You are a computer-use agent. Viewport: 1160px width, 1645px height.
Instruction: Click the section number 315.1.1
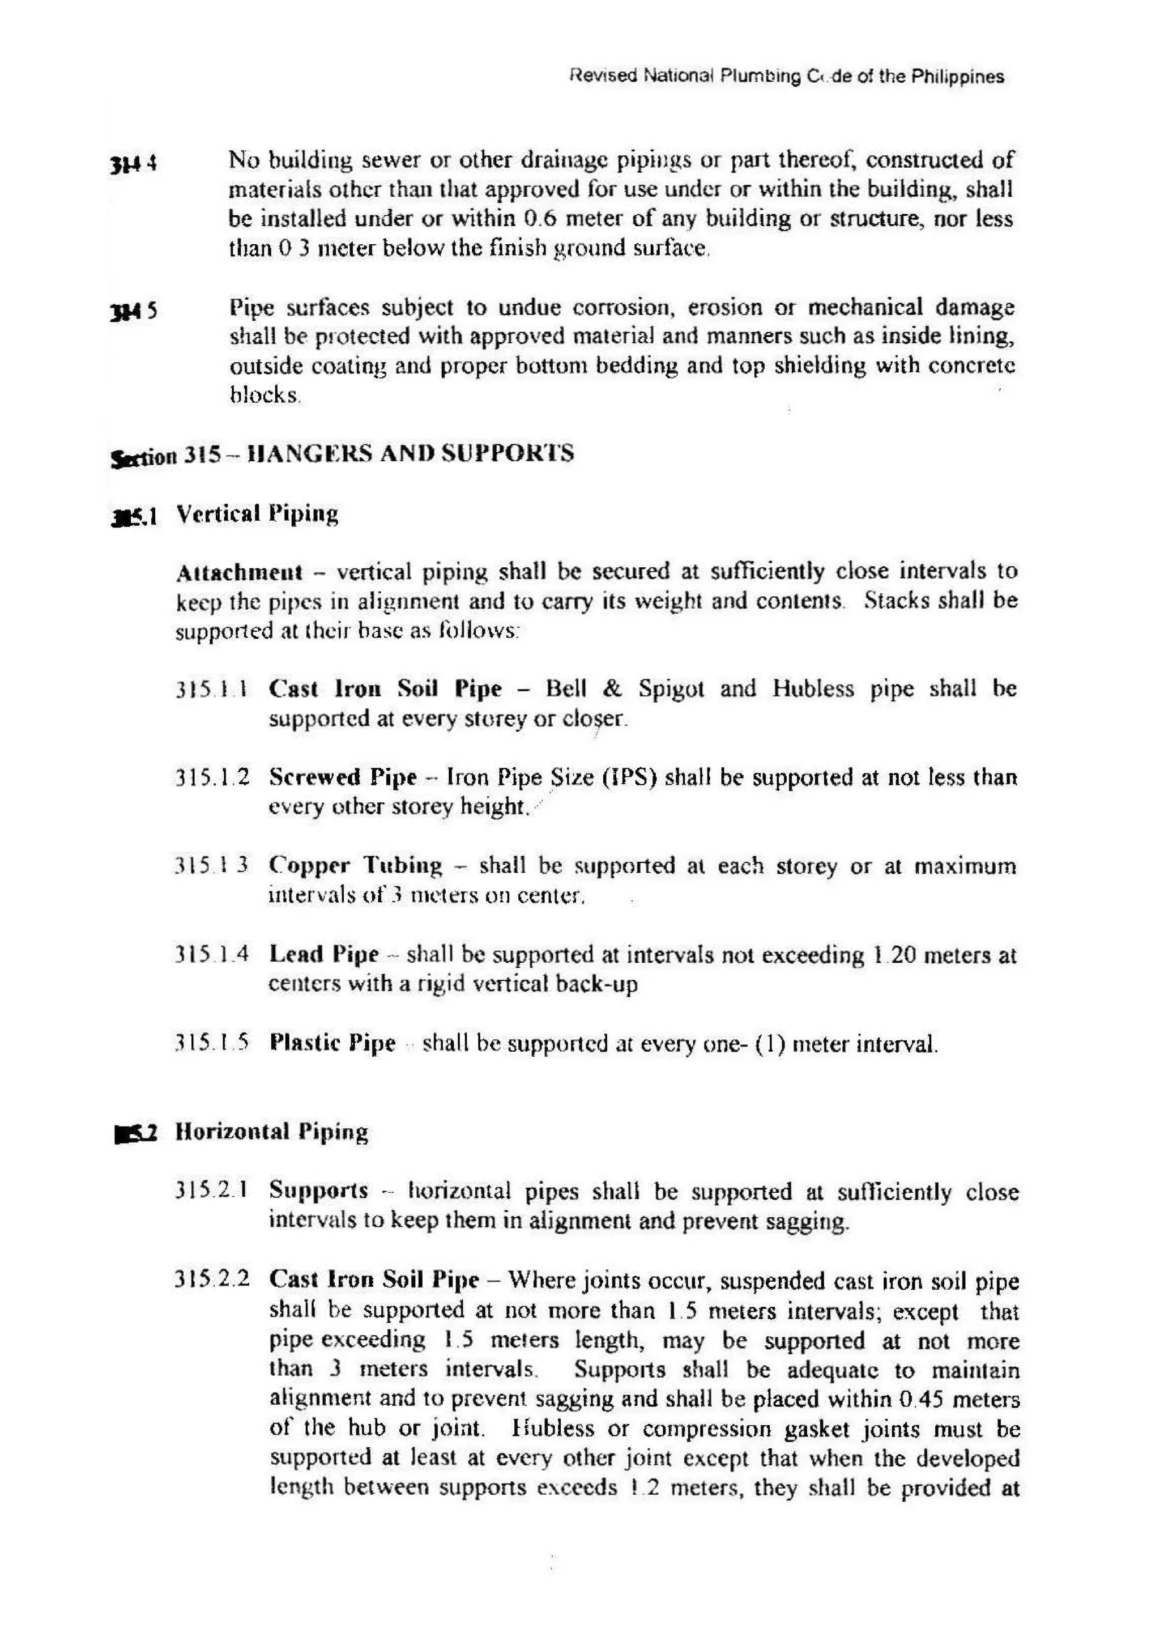tap(212, 689)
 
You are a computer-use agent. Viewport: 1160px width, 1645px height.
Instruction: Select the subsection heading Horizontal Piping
tap(271, 1132)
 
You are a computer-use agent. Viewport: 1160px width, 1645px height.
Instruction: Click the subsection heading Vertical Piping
tap(257, 514)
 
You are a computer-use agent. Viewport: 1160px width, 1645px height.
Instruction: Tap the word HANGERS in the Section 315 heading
tap(309, 453)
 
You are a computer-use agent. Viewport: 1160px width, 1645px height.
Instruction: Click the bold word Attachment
tap(239, 572)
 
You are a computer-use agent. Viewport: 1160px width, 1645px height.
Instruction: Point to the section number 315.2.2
tap(212, 1280)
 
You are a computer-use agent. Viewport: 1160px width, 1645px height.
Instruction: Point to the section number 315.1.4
tap(212, 954)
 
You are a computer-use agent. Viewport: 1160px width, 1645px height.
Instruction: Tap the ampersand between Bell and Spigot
tap(612, 689)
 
